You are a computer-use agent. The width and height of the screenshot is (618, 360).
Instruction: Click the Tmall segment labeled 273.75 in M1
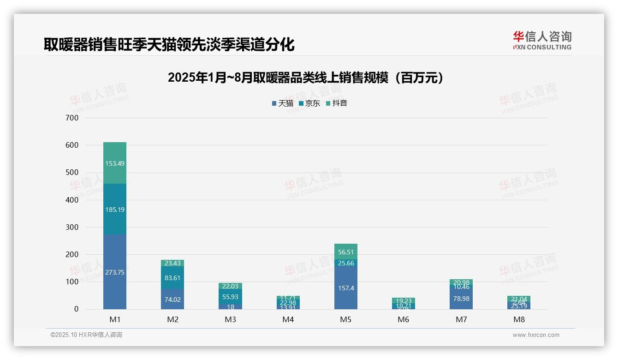pyautogui.click(x=115, y=272)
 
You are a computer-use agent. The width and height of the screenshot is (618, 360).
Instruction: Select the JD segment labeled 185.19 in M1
pyautogui.click(x=115, y=209)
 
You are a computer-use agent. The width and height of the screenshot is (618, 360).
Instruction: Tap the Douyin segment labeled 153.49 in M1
pyautogui.click(x=115, y=163)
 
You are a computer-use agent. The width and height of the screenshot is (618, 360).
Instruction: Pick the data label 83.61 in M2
pyautogui.click(x=172, y=278)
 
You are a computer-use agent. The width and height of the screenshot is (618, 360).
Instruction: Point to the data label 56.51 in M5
pyautogui.click(x=345, y=252)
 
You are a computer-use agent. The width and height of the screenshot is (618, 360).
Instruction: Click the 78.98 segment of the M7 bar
pyautogui.click(x=461, y=299)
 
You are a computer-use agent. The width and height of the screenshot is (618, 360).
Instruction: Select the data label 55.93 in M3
pyautogui.click(x=230, y=297)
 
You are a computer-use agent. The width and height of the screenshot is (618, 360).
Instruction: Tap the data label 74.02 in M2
pyautogui.click(x=172, y=299)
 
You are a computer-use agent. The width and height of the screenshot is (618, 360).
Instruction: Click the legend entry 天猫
pyautogui.click(x=283, y=103)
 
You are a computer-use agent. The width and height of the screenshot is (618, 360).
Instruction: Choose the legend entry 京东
pyautogui.click(x=309, y=103)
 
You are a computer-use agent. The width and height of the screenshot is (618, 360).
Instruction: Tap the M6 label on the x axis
pyautogui.click(x=403, y=319)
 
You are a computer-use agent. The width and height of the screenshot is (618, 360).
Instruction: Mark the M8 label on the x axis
pyautogui.click(x=518, y=319)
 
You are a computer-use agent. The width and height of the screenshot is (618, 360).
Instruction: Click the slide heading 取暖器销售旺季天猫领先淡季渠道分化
pyautogui.click(x=169, y=44)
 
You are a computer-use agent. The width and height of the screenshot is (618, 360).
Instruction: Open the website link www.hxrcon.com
pyautogui.click(x=535, y=335)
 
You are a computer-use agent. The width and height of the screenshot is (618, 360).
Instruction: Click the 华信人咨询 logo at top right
pyautogui.click(x=542, y=40)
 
